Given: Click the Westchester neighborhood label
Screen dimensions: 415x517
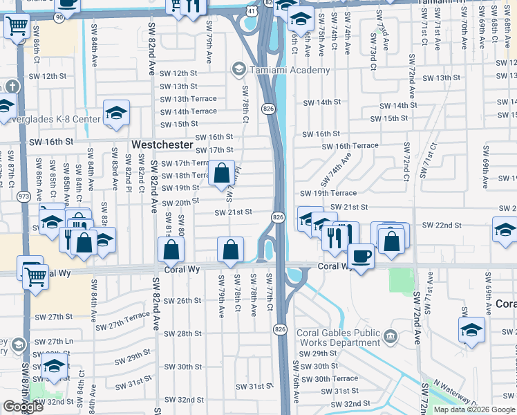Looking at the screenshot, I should pyautogui.click(x=161, y=145).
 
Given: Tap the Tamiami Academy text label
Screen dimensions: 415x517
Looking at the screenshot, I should pyautogui.click(x=290, y=71).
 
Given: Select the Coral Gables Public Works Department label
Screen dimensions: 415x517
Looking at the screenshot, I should pyautogui.click(x=339, y=338).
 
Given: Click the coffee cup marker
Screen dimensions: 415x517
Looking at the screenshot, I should pyautogui.click(x=360, y=256).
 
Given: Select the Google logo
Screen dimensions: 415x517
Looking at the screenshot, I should pyautogui.click(x=23, y=407).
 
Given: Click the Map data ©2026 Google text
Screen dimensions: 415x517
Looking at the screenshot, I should pyautogui.click(x=474, y=409).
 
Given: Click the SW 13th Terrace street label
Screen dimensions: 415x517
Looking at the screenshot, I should pyautogui.click(x=188, y=99).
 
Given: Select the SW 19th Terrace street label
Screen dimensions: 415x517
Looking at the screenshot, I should pyautogui.click(x=328, y=193).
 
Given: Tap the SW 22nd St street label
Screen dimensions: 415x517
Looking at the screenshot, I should pyautogui.click(x=441, y=225).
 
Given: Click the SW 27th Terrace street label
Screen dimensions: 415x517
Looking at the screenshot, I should pyautogui.click(x=122, y=324).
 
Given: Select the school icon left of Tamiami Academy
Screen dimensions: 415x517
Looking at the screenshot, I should pyautogui.click(x=238, y=68).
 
